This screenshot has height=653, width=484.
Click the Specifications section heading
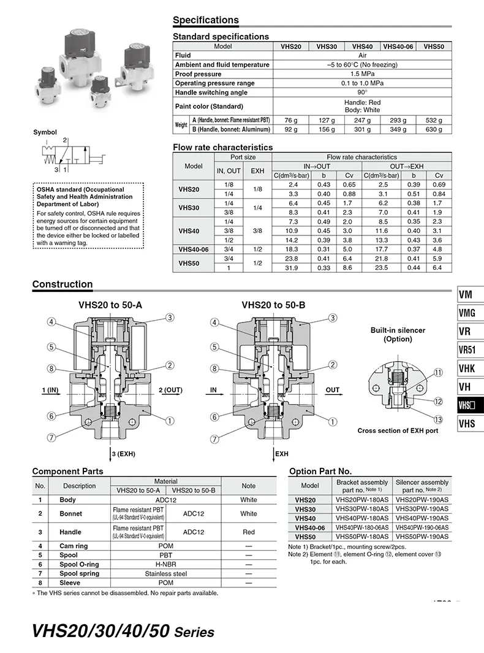(x=206, y=20)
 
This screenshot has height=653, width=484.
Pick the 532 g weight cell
(x=434, y=120)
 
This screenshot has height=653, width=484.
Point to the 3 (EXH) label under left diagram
(x=123, y=454)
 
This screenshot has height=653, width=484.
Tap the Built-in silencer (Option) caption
(x=398, y=334)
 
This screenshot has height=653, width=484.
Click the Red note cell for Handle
(x=248, y=532)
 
